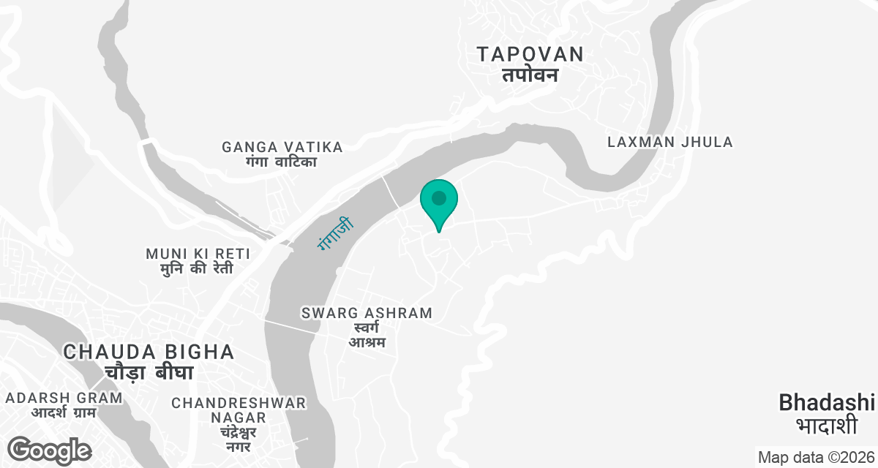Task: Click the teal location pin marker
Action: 439,200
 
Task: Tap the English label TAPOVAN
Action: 530,54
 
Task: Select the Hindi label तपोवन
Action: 530,75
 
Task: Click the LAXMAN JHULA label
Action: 670,142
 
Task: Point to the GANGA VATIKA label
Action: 282,147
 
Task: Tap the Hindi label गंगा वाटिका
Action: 282,162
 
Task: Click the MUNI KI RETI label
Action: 198,254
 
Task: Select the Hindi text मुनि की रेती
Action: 198,268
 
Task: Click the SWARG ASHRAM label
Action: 367,313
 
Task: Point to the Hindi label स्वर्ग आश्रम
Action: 367,334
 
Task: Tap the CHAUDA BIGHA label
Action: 149,352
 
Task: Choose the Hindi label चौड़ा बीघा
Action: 149,373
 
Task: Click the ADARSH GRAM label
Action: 64,398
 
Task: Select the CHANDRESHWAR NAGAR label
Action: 239,409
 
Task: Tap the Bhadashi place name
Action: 827,402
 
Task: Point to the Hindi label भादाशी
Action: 827,425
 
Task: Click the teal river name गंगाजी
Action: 335,233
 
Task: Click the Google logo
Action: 49,450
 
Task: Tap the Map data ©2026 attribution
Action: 815,458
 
